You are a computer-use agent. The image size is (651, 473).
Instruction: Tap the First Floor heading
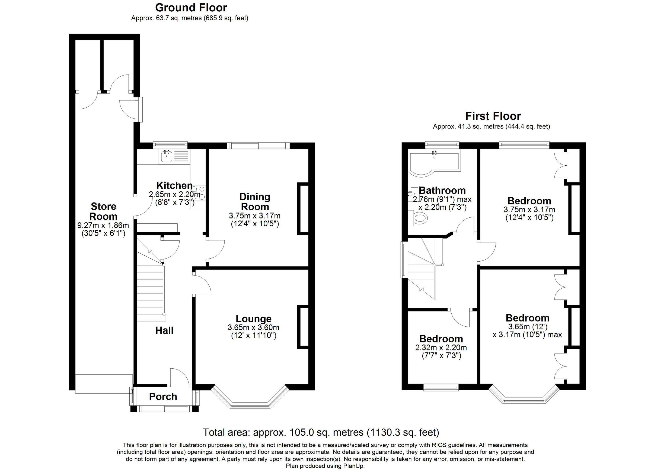(x=493, y=116)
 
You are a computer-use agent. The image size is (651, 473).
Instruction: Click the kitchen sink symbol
(x=166, y=157)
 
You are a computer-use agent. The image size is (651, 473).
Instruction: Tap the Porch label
(x=163, y=397)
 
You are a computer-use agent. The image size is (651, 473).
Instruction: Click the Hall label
(x=164, y=330)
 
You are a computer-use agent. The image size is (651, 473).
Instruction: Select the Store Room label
(x=103, y=211)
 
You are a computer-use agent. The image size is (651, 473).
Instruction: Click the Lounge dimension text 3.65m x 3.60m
(x=253, y=327)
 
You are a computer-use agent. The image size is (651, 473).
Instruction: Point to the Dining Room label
(x=255, y=202)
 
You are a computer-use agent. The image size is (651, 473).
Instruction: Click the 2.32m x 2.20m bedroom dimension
(x=441, y=348)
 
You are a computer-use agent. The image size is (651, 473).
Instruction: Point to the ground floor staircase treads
(x=150, y=292)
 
